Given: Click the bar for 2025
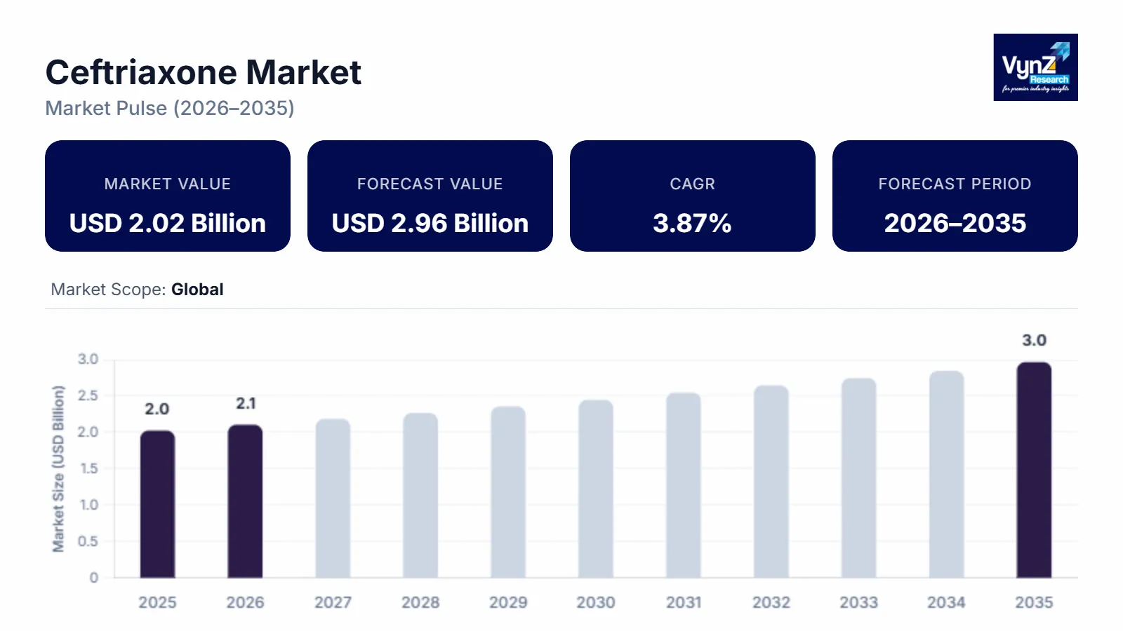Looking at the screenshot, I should tap(157, 504).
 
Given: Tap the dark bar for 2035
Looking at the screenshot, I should tap(1034, 470).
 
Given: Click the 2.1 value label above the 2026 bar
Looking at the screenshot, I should tap(246, 403).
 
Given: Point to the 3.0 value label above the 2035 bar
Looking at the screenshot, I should tap(1034, 340).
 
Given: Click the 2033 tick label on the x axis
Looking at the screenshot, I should tap(858, 602).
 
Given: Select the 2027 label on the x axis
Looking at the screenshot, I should tap(333, 602).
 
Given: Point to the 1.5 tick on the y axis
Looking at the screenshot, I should tap(88, 468).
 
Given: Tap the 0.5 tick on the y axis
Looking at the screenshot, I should tap(88, 541).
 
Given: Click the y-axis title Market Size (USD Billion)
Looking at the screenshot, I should tap(58, 468).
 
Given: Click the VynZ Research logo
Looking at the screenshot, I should tap(1035, 67).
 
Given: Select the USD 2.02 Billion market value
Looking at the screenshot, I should tap(168, 223).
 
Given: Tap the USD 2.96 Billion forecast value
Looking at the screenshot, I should tap(430, 223).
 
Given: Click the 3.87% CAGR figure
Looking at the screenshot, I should tap(692, 223).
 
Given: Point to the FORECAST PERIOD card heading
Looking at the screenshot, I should tap(955, 184).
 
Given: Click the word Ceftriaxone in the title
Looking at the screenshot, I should tap(141, 72).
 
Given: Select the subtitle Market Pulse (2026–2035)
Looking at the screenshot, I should tap(170, 108).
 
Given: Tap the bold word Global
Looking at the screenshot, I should tap(197, 290).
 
